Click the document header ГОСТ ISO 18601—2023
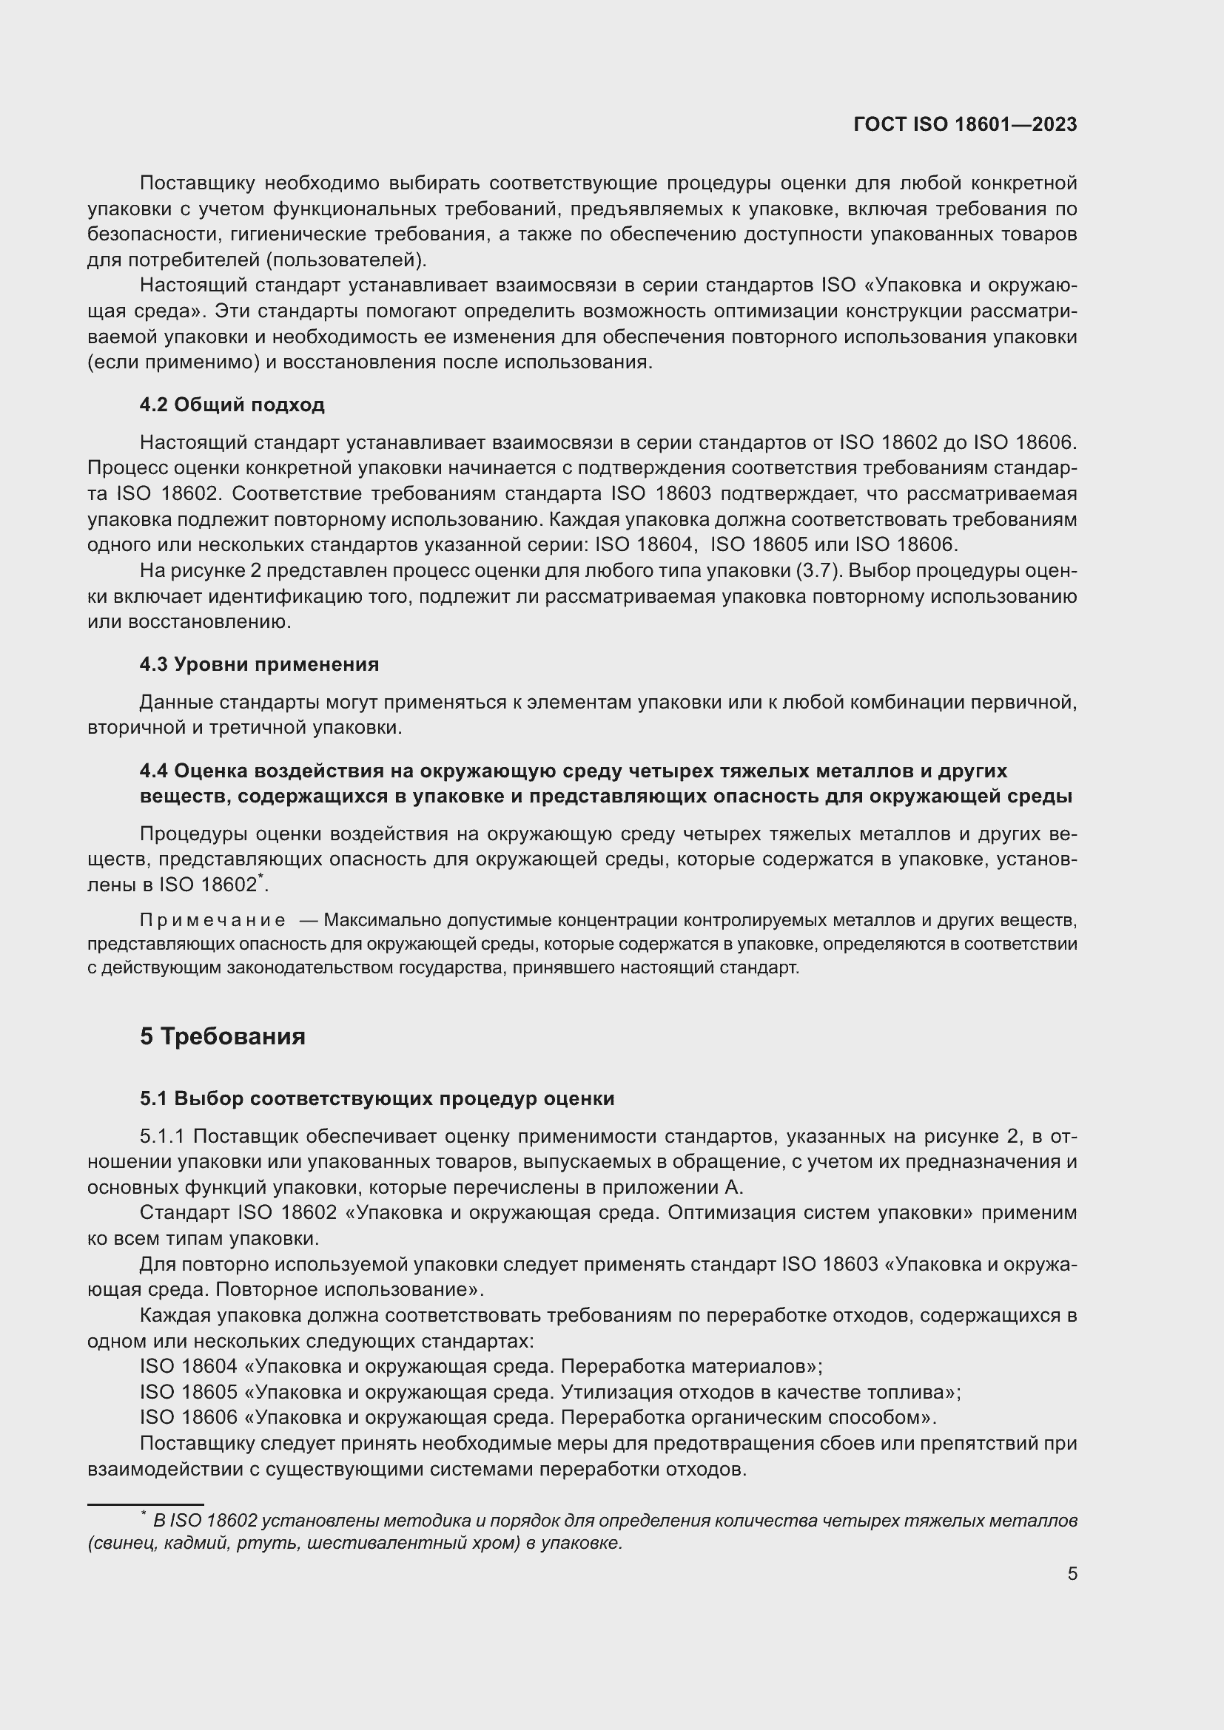coord(965,124)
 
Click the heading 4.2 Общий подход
coord(232,405)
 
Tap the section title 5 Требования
coord(222,1036)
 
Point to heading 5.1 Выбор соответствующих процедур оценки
coord(377,1098)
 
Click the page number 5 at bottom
coord(1072,1573)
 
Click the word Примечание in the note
coord(212,920)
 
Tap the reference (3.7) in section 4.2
coord(817,570)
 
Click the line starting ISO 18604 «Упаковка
coord(481,1366)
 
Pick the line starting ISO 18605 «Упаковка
coord(550,1392)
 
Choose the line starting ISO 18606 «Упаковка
coord(538,1417)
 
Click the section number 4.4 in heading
coord(154,771)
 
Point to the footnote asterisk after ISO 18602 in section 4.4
coord(260,876)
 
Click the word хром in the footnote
coord(497,1542)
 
